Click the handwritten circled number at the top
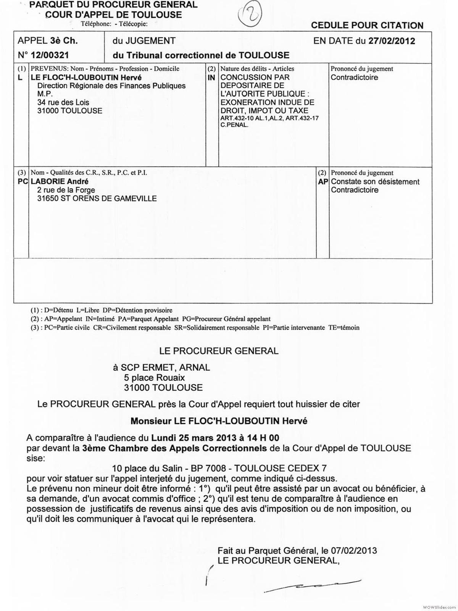250,16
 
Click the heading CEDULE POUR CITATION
367,26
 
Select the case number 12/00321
50,55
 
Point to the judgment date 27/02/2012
392,41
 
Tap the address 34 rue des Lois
63,102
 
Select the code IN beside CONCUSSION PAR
211,78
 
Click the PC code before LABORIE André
23,181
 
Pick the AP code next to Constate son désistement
323,182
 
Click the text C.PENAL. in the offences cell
234,125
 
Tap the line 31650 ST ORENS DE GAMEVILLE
97,199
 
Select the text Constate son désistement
375,182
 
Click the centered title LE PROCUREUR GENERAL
219,351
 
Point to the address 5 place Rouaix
154,378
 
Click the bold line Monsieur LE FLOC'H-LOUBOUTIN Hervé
219,421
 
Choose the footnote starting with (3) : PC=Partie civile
195,328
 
